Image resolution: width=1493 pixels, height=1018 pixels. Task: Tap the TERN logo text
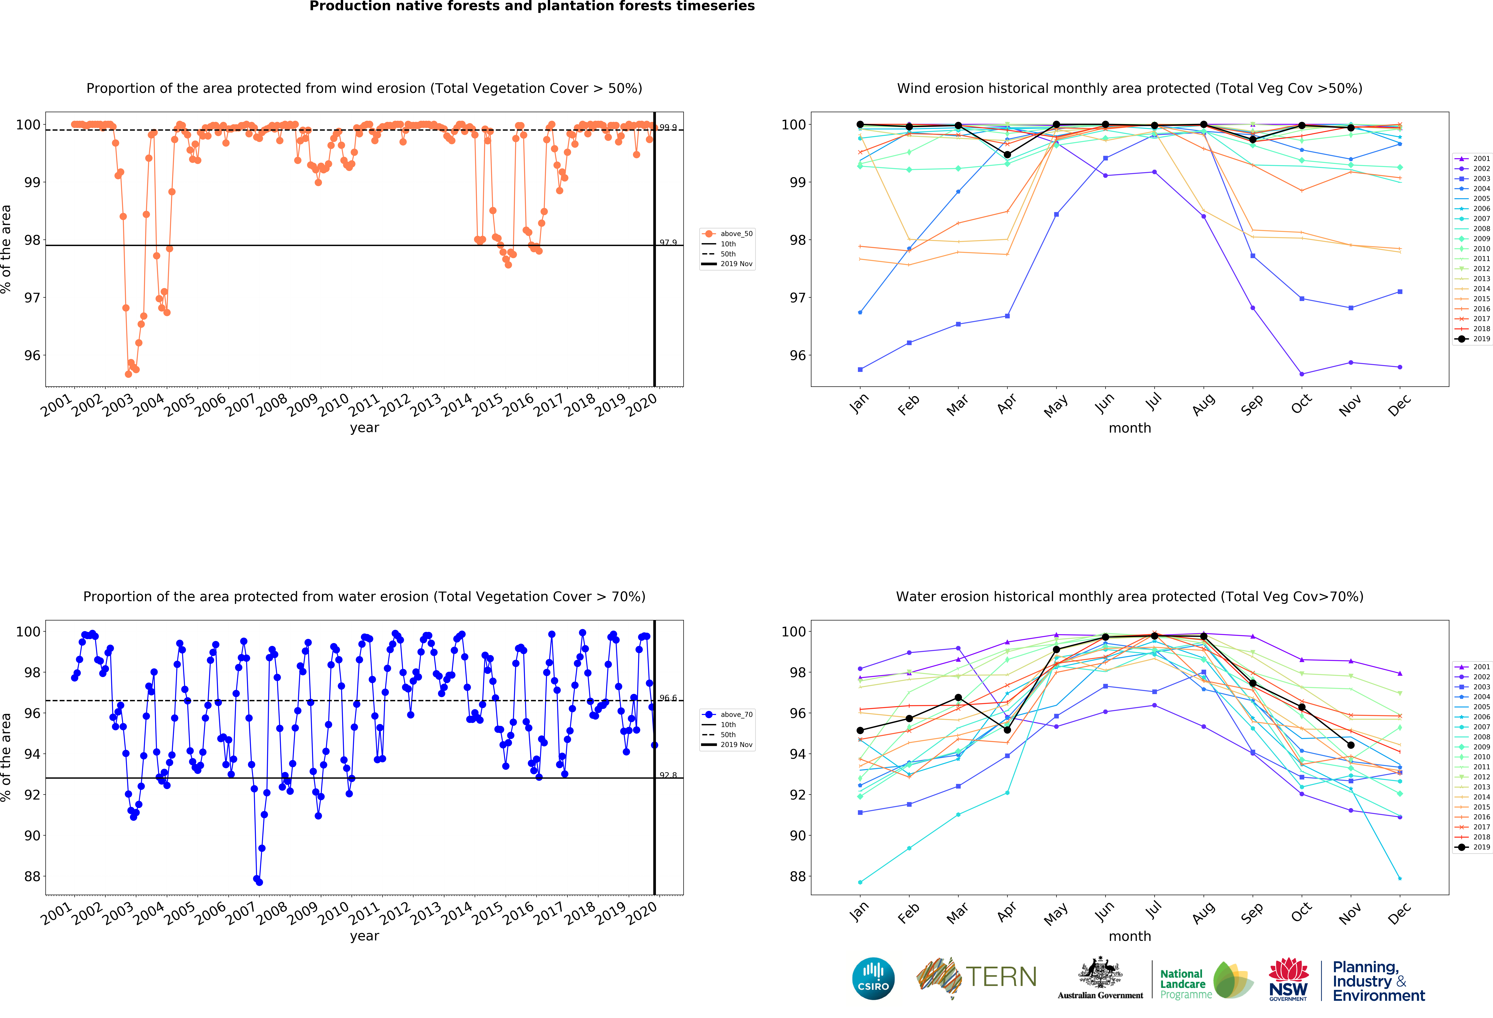click(1001, 977)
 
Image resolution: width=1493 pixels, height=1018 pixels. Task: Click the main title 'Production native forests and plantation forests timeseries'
click(532, 6)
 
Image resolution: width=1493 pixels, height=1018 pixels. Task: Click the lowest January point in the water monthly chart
click(860, 882)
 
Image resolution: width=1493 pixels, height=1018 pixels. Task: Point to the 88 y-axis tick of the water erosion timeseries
click(32, 877)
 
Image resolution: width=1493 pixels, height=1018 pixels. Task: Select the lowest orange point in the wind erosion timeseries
click(129, 374)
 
